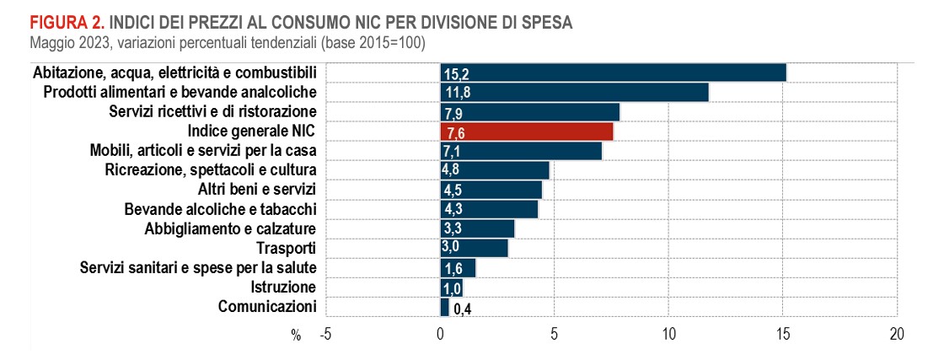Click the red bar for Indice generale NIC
(527, 132)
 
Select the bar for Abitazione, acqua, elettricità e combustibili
(613, 73)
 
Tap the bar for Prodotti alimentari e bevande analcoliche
(574, 92)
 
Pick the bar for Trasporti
(474, 248)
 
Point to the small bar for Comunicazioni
(444, 307)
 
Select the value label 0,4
(462, 309)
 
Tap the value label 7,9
(453, 113)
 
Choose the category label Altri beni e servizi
(256, 189)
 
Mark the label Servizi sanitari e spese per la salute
(198, 268)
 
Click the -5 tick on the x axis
(325, 335)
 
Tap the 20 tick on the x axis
(896, 335)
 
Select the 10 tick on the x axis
(668, 335)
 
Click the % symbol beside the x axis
(296, 336)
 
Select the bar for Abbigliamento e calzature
(477, 228)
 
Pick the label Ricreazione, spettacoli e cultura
(211, 169)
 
